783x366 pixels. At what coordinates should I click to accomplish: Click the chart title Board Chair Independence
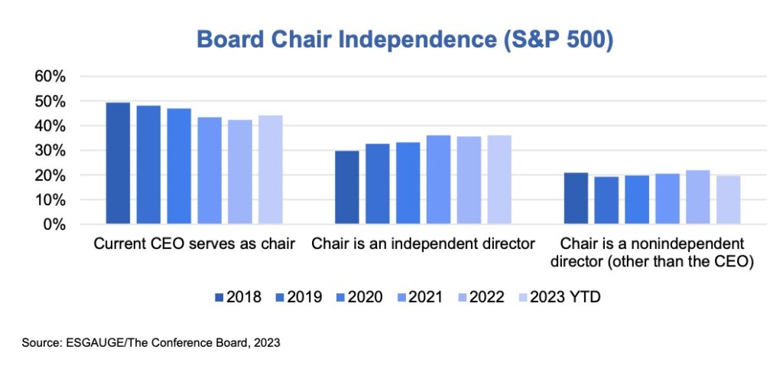tap(404, 40)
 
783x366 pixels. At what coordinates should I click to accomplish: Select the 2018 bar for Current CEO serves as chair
tap(118, 163)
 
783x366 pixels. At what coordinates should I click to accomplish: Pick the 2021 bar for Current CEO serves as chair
tap(210, 171)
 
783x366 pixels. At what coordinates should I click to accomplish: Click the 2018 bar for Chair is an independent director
tap(347, 188)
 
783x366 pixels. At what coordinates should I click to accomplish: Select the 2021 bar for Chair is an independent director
tap(438, 180)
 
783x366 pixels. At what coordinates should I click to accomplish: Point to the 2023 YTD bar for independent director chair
tap(499, 180)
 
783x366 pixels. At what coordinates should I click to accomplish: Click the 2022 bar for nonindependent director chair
tap(697, 197)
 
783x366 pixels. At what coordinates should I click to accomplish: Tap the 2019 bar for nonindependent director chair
tap(606, 201)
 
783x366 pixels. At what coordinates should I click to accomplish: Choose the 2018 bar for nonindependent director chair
tap(576, 198)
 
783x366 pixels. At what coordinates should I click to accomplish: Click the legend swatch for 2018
tap(220, 298)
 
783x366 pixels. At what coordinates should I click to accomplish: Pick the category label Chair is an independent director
tap(422, 244)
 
